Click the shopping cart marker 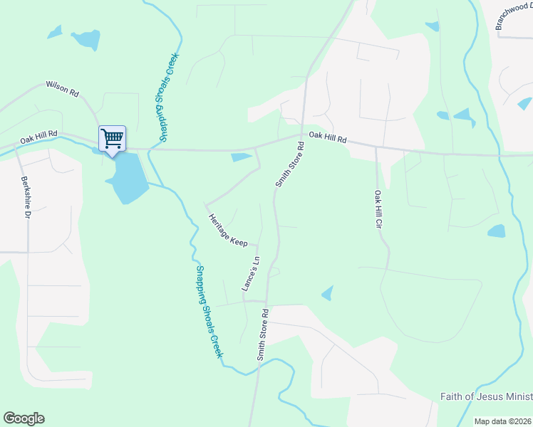[x=112, y=138]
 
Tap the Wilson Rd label [x=62, y=88]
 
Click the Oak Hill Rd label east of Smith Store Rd [x=327, y=138]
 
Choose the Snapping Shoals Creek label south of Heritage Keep [x=209, y=312]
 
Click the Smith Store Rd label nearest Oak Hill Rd [x=290, y=164]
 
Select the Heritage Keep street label [x=227, y=230]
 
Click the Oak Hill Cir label [x=379, y=209]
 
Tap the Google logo [x=24, y=418]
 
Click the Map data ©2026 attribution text [x=502, y=421]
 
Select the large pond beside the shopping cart [x=127, y=178]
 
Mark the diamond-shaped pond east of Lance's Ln [x=327, y=292]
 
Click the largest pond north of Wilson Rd [x=86, y=40]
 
